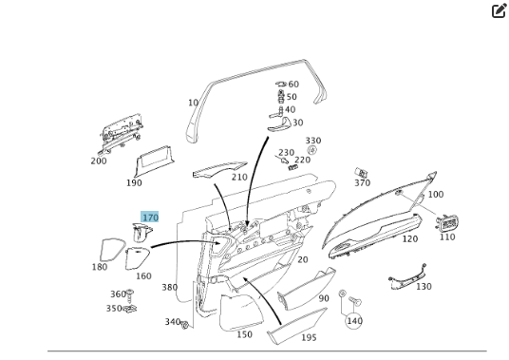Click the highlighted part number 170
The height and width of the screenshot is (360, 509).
point(150,218)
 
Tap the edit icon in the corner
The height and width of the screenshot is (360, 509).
point(499,10)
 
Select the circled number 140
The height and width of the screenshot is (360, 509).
point(354,321)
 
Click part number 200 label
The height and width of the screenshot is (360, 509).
point(99,161)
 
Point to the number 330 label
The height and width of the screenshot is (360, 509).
point(313,141)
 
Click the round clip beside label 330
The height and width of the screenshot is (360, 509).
point(311,150)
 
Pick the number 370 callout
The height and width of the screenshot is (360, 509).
point(362,183)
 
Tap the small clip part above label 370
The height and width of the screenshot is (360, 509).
point(361,172)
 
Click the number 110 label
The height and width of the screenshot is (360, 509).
point(447,237)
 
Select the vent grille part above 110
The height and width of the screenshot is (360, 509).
point(448,223)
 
